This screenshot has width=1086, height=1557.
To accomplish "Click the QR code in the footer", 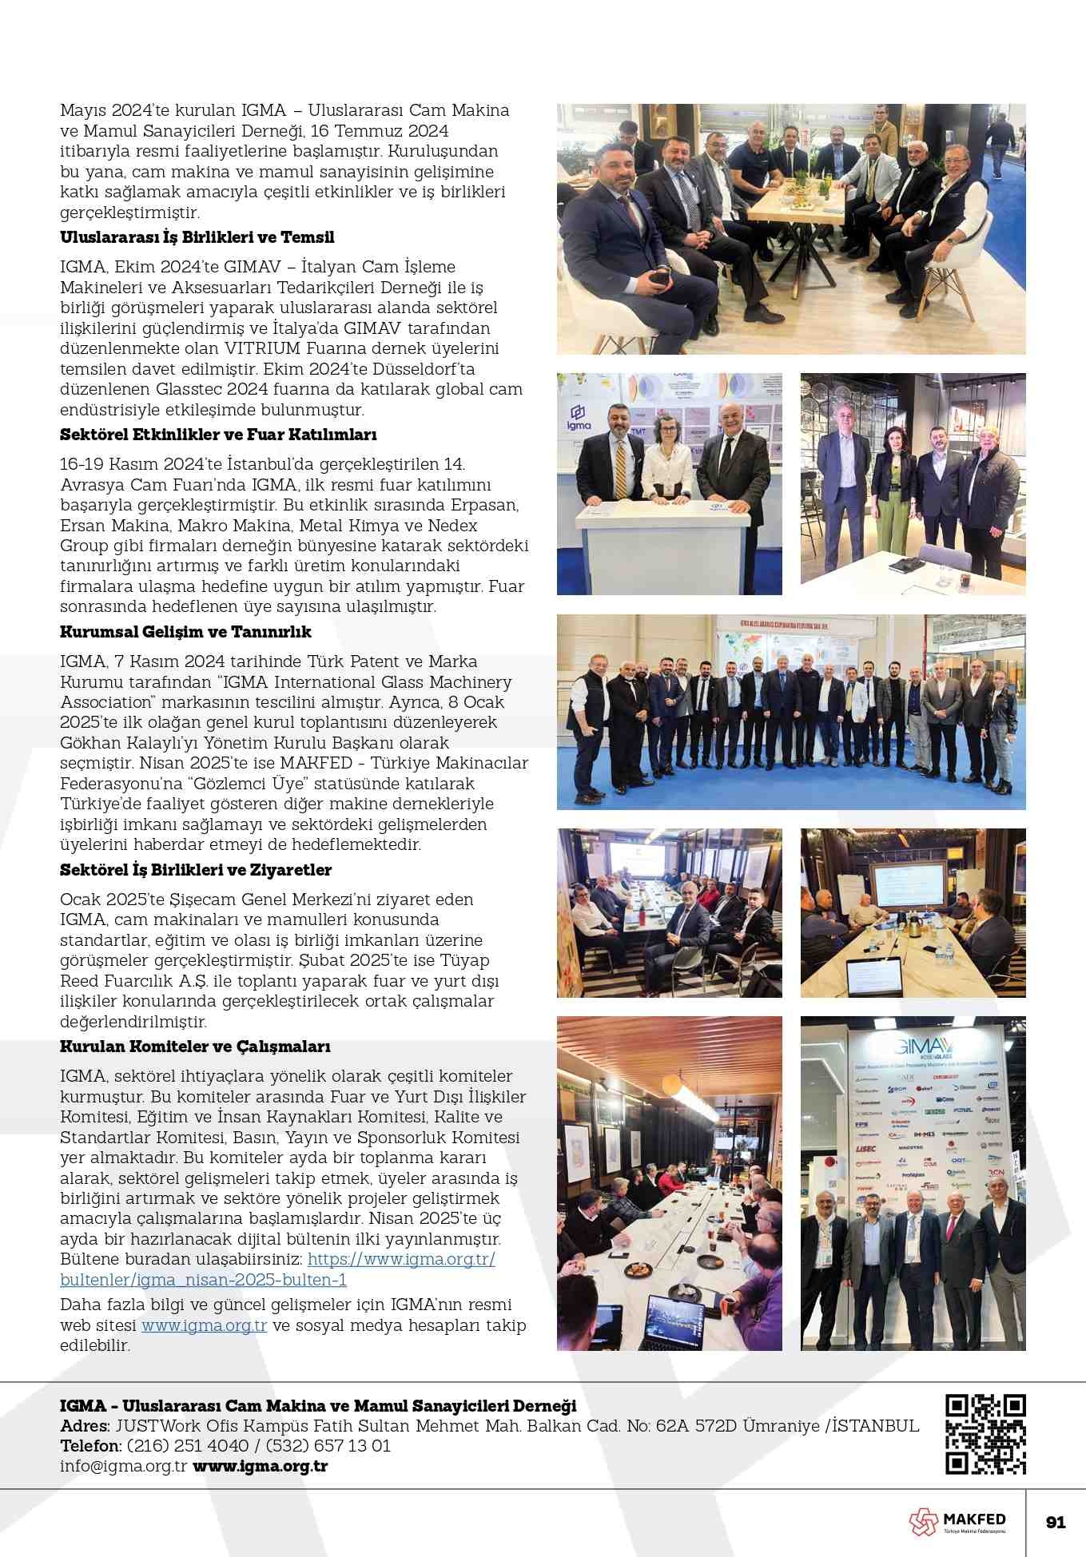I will [x=985, y=1434].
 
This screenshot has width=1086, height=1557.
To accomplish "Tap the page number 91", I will [x=1056, y=1522].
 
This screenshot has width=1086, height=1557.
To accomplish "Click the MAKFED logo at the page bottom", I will [x=957, y=1522].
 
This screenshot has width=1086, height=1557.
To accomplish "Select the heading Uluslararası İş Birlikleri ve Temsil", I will [x=197, y=237].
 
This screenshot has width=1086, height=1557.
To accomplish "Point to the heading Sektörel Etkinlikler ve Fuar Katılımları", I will [x=218, y=435].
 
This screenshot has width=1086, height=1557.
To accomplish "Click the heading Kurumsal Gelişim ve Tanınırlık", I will [x=185, y=632].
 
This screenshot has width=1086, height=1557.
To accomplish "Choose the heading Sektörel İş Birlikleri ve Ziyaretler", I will [x=196, y=870].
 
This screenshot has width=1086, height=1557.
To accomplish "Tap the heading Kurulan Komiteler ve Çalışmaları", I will [x=195, y=1047].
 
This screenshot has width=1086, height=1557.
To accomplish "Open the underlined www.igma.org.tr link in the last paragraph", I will [x=204, y=1325].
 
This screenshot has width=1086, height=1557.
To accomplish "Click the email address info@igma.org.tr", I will [x=123, y=1466].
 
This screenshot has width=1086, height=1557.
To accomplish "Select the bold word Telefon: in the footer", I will [x=90, y=1446].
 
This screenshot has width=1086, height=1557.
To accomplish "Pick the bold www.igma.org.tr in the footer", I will [x=261, y=1466].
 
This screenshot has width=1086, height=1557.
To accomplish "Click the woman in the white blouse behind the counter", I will [x=667, y=458].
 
